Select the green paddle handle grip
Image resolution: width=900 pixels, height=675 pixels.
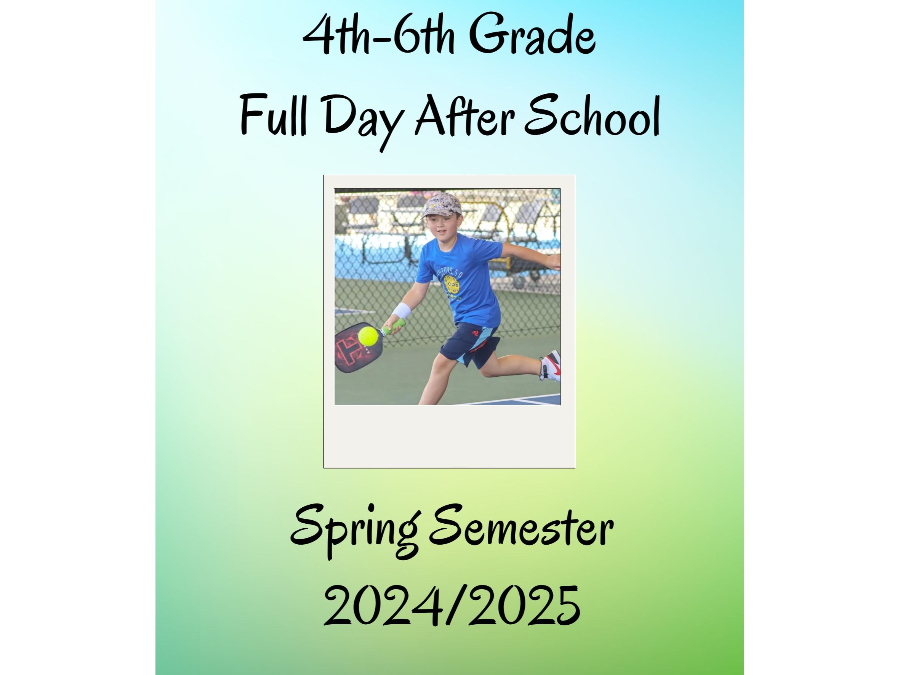pos(393,326)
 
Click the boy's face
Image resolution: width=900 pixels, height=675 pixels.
pos(438,230)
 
